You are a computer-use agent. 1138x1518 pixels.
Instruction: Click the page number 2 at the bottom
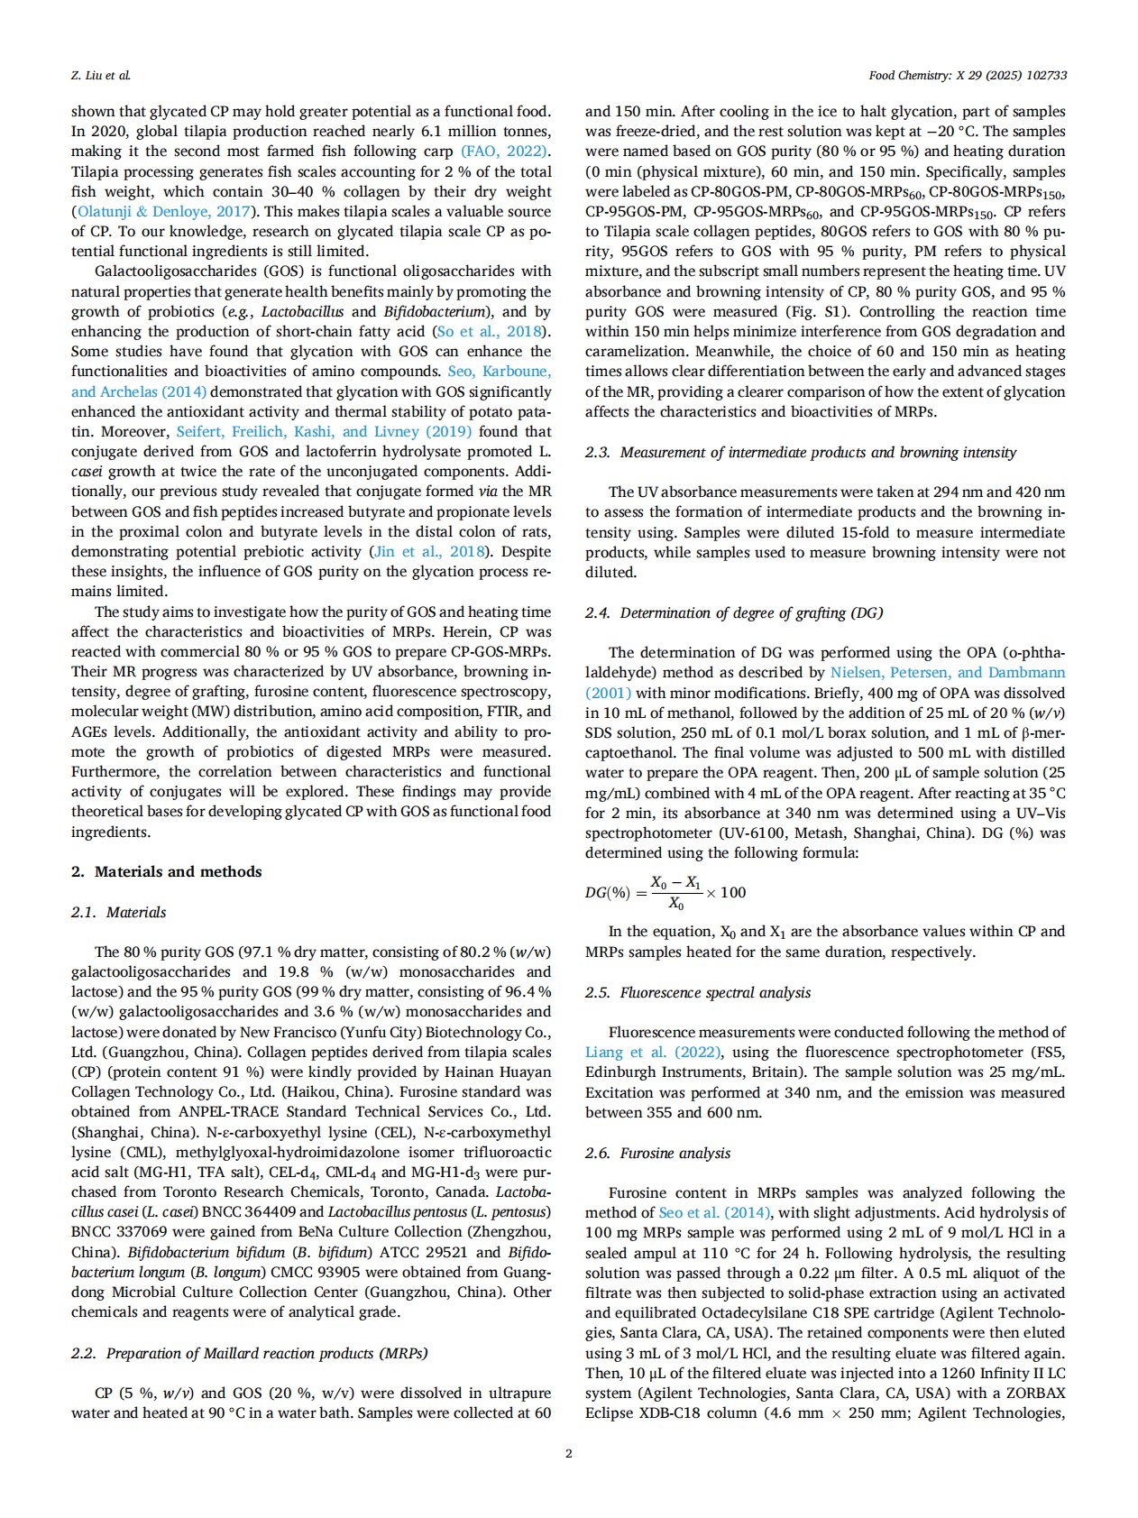click(568, 1453)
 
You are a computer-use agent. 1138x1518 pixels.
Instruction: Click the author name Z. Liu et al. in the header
click(100, 75)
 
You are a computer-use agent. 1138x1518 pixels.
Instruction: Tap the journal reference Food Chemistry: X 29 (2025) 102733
click(968, 75)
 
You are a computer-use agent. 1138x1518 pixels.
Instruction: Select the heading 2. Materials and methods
click(167, 871)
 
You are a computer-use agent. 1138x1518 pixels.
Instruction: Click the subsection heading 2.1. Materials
click(119, 912)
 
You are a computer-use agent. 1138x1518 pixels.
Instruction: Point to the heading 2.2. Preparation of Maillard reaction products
click(250, 1353)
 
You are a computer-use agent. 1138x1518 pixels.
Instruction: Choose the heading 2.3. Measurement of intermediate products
click(801, 452)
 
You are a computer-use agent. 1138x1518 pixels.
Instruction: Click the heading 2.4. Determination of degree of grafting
click(734, 612)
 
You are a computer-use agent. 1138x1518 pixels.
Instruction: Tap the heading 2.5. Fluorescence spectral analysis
click(698, 992)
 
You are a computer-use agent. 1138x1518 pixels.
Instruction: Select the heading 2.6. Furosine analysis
click(658, 1153)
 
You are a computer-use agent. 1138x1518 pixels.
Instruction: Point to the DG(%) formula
click(665, 892)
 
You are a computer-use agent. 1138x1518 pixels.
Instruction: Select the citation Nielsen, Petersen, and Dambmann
click(947, 672)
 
